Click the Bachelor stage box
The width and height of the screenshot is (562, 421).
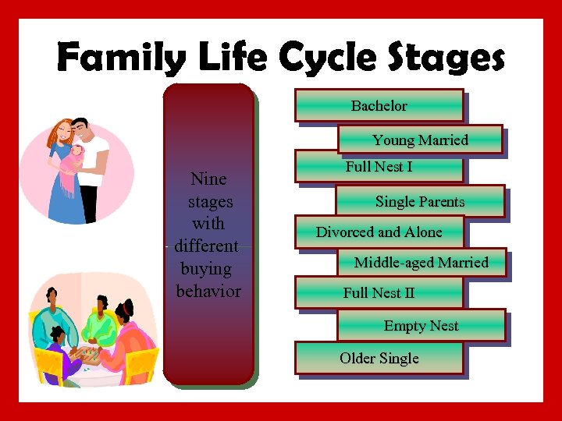379,106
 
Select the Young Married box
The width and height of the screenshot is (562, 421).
420,140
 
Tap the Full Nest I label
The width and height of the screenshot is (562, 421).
379,167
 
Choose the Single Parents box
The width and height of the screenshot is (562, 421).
420,202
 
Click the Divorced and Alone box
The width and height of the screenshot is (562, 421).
379,232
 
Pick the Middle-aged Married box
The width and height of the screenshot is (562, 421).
421,263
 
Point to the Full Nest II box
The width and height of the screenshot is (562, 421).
379,293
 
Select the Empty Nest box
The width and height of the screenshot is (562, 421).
421,326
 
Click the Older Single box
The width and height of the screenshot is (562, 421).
379,359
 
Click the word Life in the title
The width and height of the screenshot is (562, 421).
223,58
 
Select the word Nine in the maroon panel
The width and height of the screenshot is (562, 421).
208,179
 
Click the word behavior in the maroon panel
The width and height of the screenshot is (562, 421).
208,292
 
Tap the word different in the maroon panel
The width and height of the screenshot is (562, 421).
207,246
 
